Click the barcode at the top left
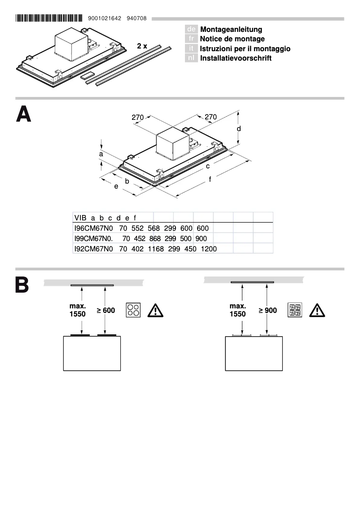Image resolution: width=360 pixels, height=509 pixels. coord(49,18)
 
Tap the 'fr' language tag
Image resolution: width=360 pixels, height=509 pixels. coord(191,39)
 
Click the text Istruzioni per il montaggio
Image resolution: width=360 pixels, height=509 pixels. coord(245,48)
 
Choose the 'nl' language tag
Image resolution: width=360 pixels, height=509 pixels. coord(191,58)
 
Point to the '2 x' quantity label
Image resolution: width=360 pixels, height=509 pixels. coord(142,46)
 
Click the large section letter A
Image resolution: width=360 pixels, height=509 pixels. coord(24,114)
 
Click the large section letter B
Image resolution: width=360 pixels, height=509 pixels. coord(22,285)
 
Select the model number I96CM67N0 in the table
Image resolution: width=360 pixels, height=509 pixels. coord(93,228)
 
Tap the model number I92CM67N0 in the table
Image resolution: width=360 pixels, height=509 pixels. coord(93,248)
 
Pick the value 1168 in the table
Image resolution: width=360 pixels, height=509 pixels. coord(155,248)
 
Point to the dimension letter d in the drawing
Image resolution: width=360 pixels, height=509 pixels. coord(239,129)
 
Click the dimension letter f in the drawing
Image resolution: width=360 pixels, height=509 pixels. coord(210,180)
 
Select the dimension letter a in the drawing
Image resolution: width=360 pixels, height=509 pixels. coord(101,154)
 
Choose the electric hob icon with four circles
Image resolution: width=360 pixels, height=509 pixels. coord(133,310)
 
